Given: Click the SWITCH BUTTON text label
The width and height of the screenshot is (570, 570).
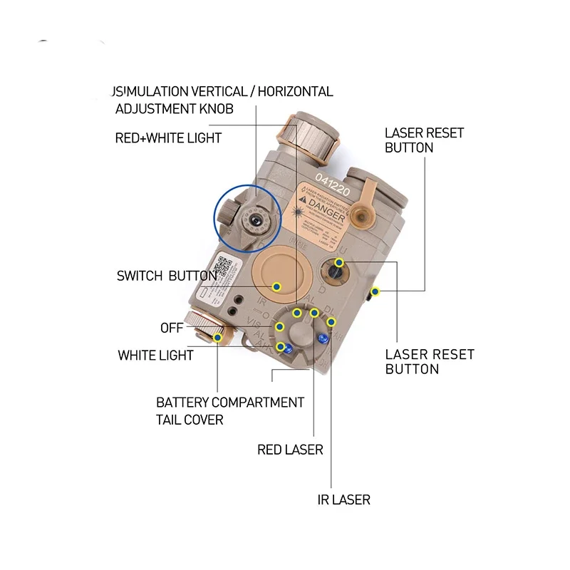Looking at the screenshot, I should point(167,276).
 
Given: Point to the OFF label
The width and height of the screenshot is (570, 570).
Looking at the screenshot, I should point(172,328).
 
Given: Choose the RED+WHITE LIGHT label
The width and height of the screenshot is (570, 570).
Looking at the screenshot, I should point(168,138).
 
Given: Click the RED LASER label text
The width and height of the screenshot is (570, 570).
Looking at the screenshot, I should point(290,450).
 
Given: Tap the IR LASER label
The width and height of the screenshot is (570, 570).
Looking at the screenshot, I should point(343,499).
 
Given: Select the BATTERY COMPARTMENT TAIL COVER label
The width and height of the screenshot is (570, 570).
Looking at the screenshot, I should point(230,410).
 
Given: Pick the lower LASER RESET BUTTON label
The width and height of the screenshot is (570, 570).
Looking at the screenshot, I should point(430,361).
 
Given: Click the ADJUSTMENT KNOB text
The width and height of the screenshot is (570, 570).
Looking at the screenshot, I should point(175,109).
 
